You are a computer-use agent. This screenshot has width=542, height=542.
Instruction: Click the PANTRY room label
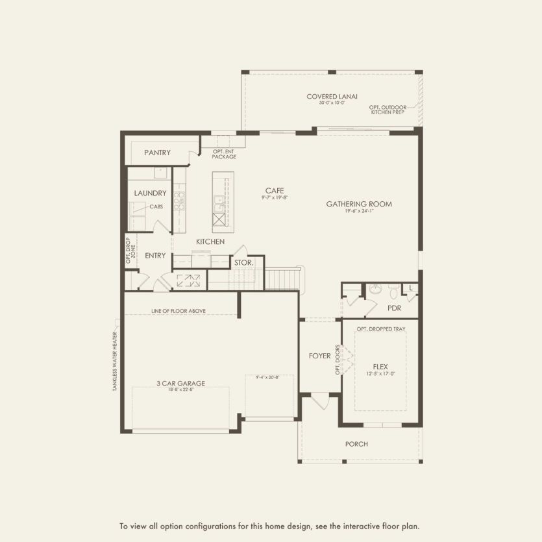[x=157, y=153]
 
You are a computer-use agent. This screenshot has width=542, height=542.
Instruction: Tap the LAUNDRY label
[x=150, y=193]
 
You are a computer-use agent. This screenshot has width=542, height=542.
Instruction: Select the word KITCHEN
[x=210, y=241]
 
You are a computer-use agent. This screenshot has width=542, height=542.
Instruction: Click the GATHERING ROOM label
[x=359, y=204]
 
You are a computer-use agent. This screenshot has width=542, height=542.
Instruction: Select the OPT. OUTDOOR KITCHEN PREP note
[x=387, y=110]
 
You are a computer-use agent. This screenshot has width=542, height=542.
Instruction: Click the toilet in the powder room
[x=393, y=289]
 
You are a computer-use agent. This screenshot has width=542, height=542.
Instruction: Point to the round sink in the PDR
[x=374, y=289]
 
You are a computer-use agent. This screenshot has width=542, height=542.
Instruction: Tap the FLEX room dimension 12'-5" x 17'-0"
[x=380, y=374]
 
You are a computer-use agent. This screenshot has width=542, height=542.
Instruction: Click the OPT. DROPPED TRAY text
[x=381, y=329]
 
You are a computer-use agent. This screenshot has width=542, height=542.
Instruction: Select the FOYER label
[x=319, y=356]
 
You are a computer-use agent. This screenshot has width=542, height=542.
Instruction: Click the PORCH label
[x=356, y=444]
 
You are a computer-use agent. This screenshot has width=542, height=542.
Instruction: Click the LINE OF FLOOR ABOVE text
[x=179, y=311]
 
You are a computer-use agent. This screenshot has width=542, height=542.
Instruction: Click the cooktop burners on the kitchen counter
[x=180, y=198]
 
